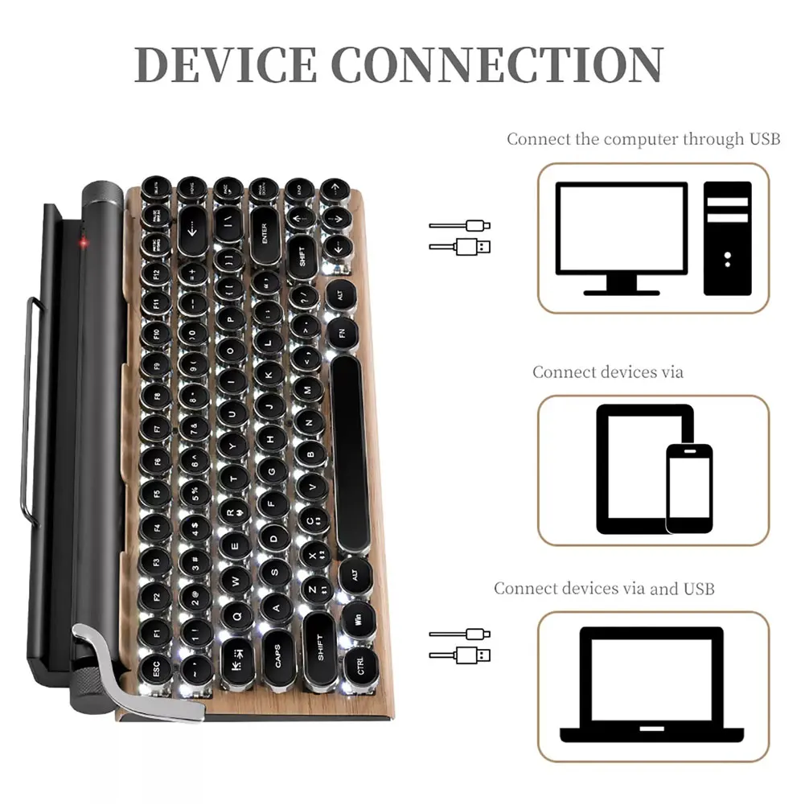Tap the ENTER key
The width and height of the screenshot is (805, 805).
pos(263,232)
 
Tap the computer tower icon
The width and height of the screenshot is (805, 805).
pos(727,237)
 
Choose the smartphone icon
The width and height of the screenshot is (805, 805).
pos(689,488)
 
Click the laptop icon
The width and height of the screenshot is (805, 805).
pos(651,684)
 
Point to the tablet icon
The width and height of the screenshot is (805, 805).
pos(635,468)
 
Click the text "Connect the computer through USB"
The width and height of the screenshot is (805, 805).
pos(643,139)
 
